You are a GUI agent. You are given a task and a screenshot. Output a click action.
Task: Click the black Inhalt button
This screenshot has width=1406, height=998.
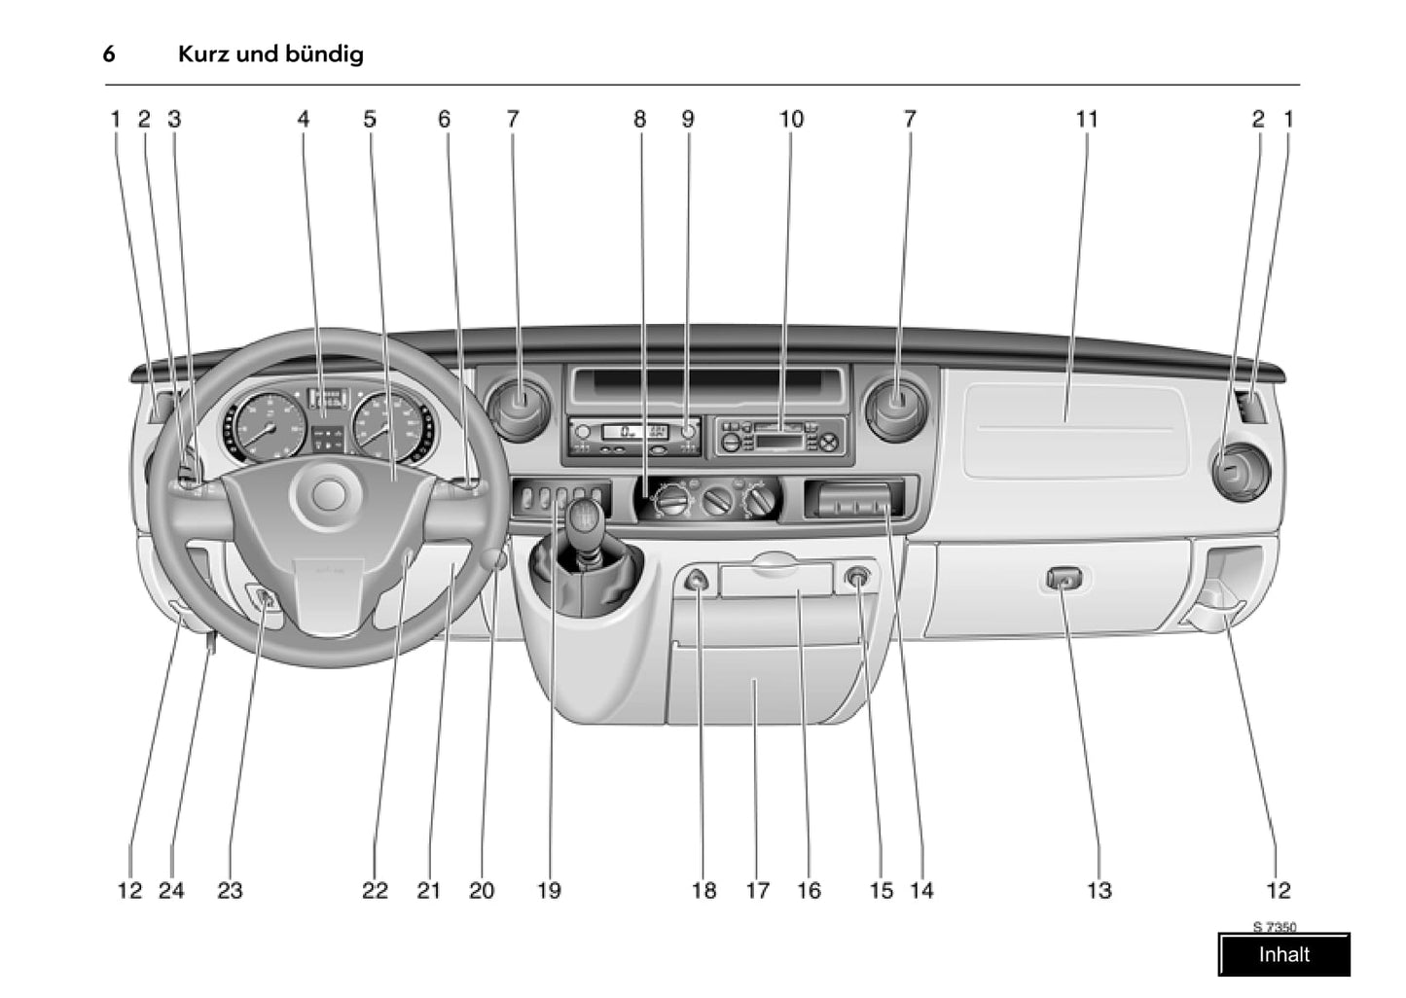pyautogui.click(x=1283, y=954)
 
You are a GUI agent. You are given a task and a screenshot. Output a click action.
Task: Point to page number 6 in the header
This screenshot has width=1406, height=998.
pyautogui.click(x=109, y=53)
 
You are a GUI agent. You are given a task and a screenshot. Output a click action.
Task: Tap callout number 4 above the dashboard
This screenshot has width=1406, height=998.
pyautogui.click(x=304, y=120)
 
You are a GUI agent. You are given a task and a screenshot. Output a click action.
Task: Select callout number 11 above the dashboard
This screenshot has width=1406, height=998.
pyautogui.click(x=1087, y=120)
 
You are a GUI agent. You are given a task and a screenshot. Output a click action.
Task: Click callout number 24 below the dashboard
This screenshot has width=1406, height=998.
pyautogui.click(x=171, y=890)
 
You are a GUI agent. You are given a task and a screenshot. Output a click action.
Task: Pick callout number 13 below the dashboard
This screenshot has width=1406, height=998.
pyautogui.click(x=1099, y=890)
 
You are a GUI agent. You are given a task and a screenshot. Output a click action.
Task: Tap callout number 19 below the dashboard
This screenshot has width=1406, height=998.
pyautogui.click(x=549, y=890)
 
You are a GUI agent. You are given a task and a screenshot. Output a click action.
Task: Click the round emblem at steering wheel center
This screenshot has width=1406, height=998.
pyautogui.click(x=328, y=495)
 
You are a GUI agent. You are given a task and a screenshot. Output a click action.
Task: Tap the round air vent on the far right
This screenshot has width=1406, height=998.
pyautogui.click(x=1238, y=473)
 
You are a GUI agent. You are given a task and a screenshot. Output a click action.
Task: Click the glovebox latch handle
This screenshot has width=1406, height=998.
pyautogui.click(x=1064, y=581)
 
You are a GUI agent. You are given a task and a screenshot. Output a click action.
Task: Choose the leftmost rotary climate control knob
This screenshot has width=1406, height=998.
pyautogui.click(x=672, y=501)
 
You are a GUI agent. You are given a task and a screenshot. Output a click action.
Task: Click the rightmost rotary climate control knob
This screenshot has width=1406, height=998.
pyautogui.click(x=760, y=501)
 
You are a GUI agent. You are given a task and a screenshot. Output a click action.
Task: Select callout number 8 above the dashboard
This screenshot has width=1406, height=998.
pyautogui.click(x=639, y=120)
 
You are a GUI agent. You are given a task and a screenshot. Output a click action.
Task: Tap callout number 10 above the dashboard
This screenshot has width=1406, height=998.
pyautogui.click(x=791, y=120)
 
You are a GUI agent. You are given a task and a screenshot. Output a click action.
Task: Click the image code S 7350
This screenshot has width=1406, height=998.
pyautogui.click(x=1274, y=927)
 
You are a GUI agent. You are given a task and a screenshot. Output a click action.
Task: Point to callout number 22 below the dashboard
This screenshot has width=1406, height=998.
pyautogui.click(x=375, y=890)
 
